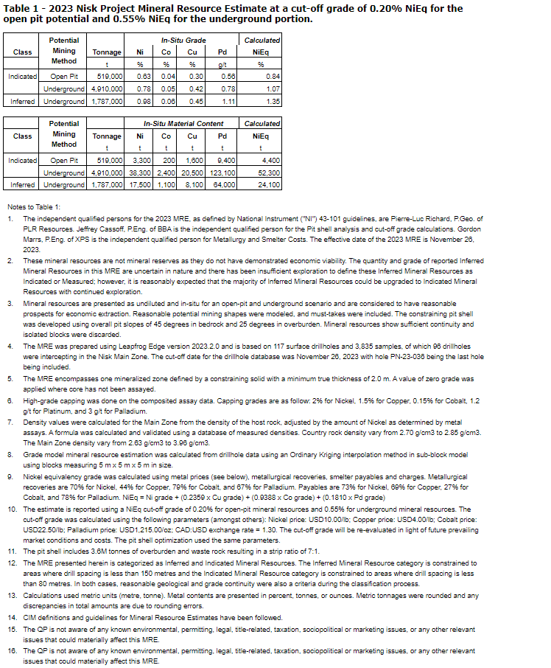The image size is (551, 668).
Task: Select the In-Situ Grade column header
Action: (183, 40)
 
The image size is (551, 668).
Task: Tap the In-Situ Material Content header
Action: (183, 124)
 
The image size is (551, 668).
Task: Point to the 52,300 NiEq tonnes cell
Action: (270, 173)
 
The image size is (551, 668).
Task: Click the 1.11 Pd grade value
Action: (226, 101)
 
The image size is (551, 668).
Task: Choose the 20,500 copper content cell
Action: (193, 173)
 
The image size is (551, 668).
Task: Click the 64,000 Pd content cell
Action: (224, 185)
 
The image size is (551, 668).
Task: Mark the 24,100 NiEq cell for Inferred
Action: (270, 185)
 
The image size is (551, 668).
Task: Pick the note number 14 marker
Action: (12, 617)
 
